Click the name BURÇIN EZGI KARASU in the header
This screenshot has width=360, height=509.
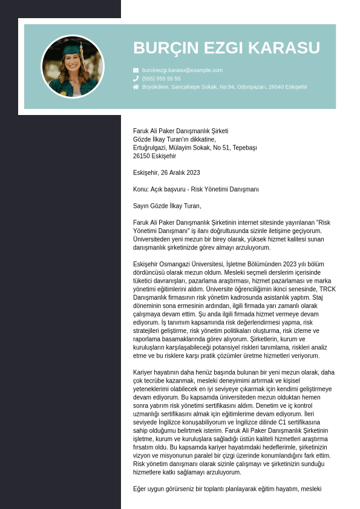click(x=226, y=48)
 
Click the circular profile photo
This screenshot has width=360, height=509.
click(x=73, y=67)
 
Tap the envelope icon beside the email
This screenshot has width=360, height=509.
click(x=136, y=70)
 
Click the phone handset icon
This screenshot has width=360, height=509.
click(x=136, y=79)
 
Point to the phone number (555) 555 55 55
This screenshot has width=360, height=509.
click(x=161, y=79)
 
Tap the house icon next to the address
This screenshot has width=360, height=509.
click(x=136, y=87)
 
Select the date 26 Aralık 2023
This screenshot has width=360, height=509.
click(x=180, y=172)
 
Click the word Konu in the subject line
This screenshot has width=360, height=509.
click(x=140, y=189)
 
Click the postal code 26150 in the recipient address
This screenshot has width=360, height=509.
click(x=142, y=156)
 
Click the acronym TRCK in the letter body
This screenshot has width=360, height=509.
click(x=327, y=289)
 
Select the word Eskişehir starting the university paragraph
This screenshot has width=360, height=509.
click(x=146, y=264)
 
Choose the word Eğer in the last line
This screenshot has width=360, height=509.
click(x=140, y=488)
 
